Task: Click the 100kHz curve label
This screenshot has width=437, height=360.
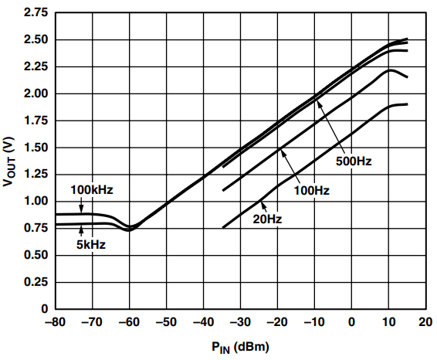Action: click(x=92, y=190)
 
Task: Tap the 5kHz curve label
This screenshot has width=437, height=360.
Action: click(x=91, y=245)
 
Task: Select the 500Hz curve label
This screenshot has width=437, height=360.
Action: click(x=354, y=161)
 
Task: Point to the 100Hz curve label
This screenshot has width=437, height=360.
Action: click(x=312, y=191)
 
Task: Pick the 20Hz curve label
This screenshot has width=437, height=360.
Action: click(x=267, y=219)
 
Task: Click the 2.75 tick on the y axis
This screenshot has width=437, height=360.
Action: click(x=36, y=12)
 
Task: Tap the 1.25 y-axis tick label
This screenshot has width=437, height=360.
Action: click(x=36, y=175)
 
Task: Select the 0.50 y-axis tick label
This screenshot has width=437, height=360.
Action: click(x=36, y=255)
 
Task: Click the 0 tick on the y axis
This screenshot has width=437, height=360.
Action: click(x=45, y=309)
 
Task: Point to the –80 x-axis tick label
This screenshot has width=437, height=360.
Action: click(x=55, y=322)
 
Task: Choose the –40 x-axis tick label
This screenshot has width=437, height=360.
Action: click(x=203, y=322)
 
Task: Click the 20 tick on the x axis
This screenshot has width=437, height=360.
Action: click(x=425, y=322)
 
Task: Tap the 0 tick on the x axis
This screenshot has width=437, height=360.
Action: click(x=351, y=322)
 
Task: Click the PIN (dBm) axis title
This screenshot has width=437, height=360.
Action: click(x=241, y=348)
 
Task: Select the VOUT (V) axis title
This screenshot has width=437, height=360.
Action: click(x=8, y=161)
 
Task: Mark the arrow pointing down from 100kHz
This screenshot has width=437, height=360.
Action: click(x=81, y=205)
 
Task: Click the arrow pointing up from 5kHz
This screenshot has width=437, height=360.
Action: click(x=81, y=231)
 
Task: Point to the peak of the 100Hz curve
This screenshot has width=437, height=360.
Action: click(x=391, y=70)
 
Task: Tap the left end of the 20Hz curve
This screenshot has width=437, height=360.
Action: click(x=223, y=228)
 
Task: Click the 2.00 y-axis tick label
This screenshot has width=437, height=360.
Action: click(x=36, y=93)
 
